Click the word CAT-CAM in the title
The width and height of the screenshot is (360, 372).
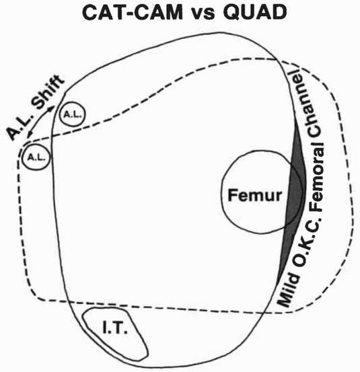coord(133,13)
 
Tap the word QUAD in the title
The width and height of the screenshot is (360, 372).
coord(255,13)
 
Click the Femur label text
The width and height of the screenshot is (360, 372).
coord(254,196)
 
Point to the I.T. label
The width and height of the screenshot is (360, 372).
coord(115,328)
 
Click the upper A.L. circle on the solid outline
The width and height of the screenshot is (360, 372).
coord(73,114)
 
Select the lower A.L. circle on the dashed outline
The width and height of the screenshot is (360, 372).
coord(36,157)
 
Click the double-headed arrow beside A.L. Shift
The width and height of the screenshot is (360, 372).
coord(40,120)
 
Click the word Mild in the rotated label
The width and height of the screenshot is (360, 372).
coord(288,289)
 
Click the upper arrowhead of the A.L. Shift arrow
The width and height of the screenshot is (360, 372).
coord(52,107)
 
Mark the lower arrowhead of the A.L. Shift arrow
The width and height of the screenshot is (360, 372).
coord(29,135)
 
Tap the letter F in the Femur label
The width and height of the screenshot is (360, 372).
coord(232,195)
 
